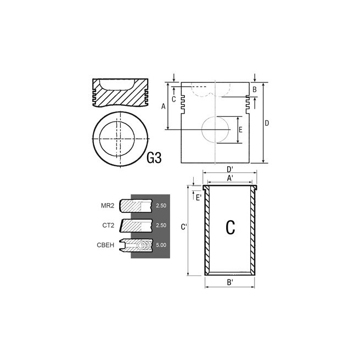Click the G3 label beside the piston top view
pyautogui.click(x=154, y=158)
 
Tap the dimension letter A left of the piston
pyautogui.click(x=163, y=106)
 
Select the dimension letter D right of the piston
pyautogui.click(x=267, y=123)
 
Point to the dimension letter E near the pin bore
pyautogui.click(x=240, y=130)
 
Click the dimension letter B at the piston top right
pyautogui.click(x=255, y=89)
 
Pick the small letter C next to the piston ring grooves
pyautogui.click(x=174, y=99)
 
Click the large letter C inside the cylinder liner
pyautogui.click(x=230, y=227)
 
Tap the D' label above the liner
pyautogui.click(x=230, y=170)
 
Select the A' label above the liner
pyautogui.click(x=230, y=178)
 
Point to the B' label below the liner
pyautogui.click(x=230, y=283)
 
